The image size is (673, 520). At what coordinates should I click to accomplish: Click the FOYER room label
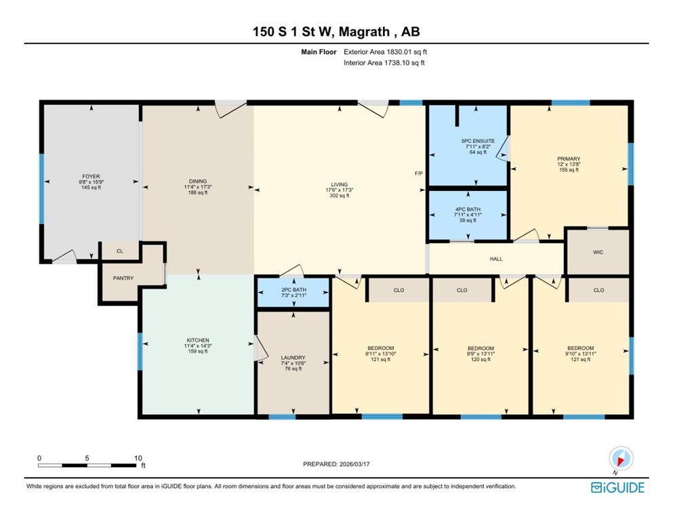point(91,176)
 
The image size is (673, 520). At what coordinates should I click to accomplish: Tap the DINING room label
point(198,181)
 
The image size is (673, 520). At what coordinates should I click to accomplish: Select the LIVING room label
point(339,184)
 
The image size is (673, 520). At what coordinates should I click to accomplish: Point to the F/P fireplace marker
point(419,173)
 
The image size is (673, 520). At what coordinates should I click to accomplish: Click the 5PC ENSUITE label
point(478,141)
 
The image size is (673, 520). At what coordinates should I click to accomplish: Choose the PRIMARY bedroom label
point(569,158)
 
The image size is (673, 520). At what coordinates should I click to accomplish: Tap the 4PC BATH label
point(468,209)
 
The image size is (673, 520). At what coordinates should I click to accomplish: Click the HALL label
point(496,259)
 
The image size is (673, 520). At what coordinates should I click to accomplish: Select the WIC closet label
point(598,252)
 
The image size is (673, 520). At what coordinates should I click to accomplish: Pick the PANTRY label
point(123,278)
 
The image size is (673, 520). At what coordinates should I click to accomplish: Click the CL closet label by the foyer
point(120,251)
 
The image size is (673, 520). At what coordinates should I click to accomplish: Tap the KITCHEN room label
point(198,340)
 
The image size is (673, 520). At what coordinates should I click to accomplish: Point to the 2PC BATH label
point(294,290)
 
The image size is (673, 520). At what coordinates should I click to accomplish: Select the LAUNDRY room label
point(293,357)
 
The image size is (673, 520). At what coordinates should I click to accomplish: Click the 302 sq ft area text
point(339,196)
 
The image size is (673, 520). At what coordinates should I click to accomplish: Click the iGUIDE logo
point(617,487)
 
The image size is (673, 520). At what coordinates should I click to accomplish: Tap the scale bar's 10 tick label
point(138,458)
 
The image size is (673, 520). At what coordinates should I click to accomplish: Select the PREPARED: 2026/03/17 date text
point(336,464)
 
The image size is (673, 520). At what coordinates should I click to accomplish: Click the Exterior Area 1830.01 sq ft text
point(386,52)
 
